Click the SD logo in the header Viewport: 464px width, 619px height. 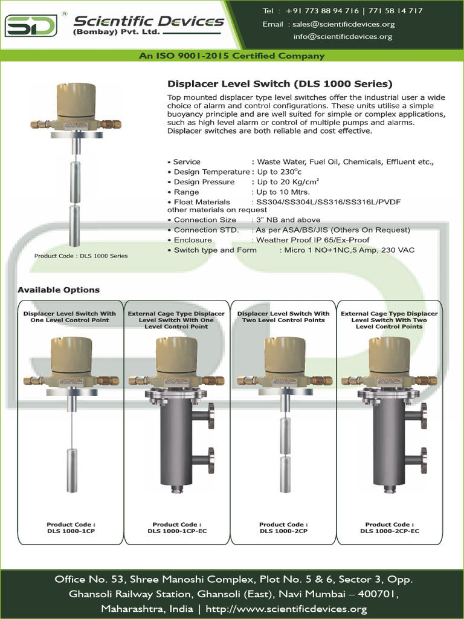(31, 26)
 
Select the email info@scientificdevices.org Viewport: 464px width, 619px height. (343, 36)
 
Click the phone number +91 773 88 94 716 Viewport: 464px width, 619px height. (323, 11)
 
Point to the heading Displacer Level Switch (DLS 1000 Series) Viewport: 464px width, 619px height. (279, 84)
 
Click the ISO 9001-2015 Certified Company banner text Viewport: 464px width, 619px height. (232, 56)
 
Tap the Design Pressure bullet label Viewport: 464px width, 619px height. (204, 182)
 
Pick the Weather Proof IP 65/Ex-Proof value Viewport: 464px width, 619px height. (313, 240)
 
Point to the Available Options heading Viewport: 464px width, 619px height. (59, 290)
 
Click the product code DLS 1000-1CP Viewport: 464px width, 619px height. (71, 531)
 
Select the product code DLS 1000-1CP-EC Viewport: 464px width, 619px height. (176, 531)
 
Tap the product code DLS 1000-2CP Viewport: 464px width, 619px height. (283, 531)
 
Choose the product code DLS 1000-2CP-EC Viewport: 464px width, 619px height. (390, 531)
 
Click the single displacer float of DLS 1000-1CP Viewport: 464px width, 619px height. (71, 470)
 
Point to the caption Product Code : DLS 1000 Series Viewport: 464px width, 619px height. (81, 256)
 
